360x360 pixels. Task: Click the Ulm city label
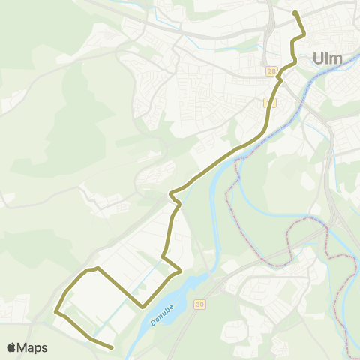(326, 57)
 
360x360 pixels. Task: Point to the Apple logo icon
(12, 347)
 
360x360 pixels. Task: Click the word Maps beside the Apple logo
(33, 347)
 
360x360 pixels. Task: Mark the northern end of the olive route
(295, 13)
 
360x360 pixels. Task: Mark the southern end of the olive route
(112, 347)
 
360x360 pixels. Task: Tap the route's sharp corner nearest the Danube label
(142, 307)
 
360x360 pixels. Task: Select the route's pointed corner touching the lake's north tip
(181, 271)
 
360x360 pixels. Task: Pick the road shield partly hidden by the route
(271, 102)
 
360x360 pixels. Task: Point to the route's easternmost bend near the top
(304, 34)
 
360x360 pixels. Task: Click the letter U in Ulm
(316, 57)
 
